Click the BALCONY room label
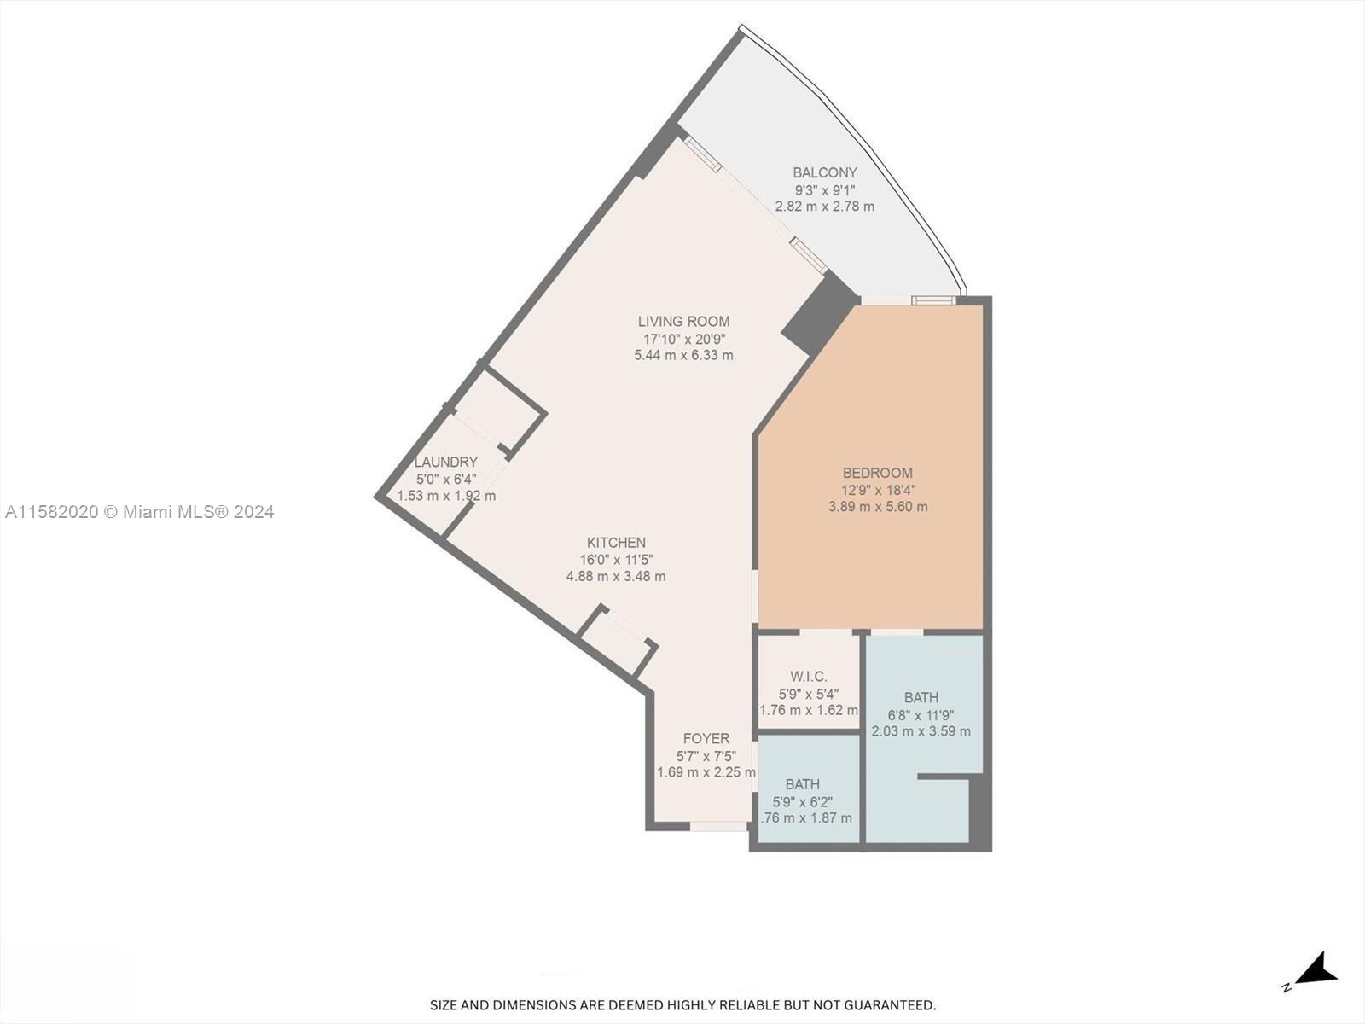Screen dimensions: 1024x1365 point(824,172)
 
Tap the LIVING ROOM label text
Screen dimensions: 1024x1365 point(683,322)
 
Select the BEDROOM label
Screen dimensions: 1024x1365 point(877,473)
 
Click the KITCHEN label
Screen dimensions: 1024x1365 point(616,543)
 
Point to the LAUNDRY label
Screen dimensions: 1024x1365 point(445,463)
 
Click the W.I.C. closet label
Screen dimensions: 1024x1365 point(808,677)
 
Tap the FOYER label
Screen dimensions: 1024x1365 point(706,739)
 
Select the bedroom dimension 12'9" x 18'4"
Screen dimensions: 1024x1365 point(878,490)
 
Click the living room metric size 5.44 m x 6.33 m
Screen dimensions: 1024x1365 point(683,355)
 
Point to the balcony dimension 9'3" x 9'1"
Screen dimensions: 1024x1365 point(824,189)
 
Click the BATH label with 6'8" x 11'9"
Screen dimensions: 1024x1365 point(921,698)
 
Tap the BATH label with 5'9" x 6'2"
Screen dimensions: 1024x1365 point(802,784)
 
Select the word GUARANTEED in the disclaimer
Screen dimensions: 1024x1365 point(891,1005)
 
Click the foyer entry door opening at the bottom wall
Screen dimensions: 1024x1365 point(718,826)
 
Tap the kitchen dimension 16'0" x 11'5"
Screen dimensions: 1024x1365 point(616,560)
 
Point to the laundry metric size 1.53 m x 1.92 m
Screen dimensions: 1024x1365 point(446,496)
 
